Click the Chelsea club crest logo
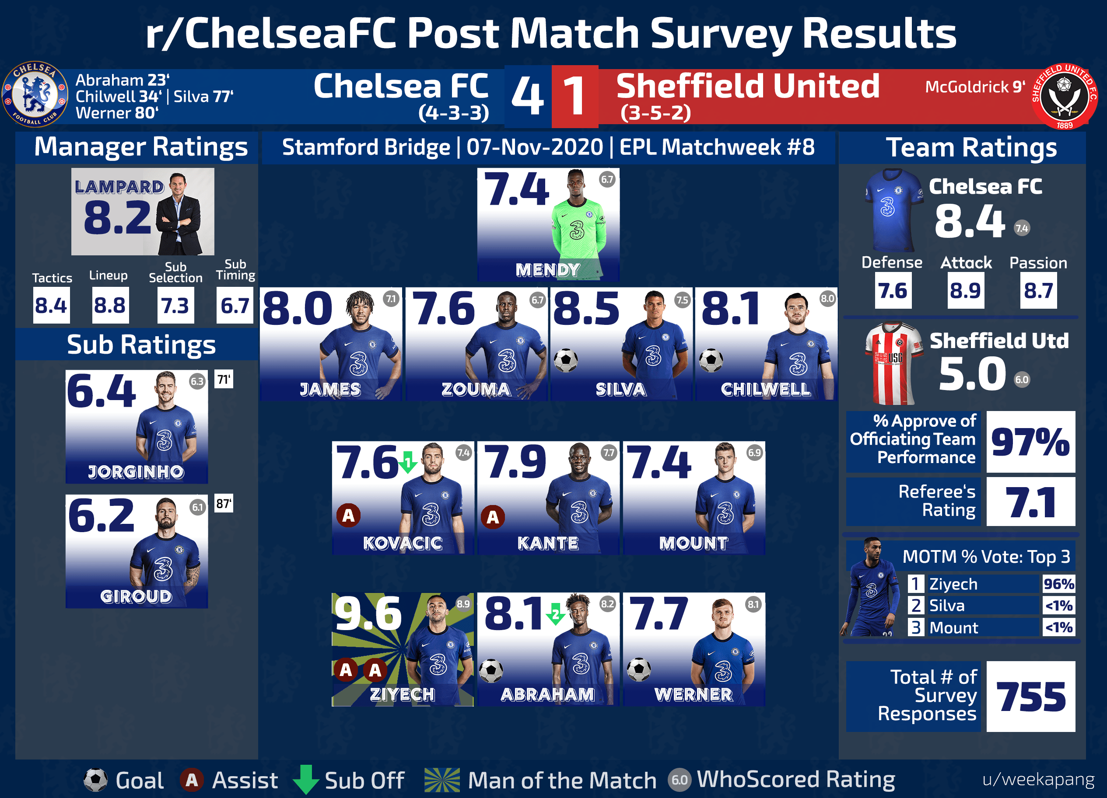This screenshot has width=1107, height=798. pyautogui.click(x=35, y=94)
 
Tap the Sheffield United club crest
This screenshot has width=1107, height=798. pyautogui.click(x=1064, y=96)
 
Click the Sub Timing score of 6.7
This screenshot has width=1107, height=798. pyautogui.click(x=235, y=305)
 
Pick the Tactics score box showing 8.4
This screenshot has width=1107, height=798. pyautogui.click(x=51, y=305)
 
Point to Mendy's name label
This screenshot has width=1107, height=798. pyautogui.click(x=548, y=270)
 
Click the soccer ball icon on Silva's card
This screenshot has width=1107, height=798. pyautogui.click(x=566, y=360)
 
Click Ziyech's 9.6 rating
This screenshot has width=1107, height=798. pyautogui.click(x=368, y=613)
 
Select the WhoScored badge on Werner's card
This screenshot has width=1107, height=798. pyautogui.click(x=753, y=604)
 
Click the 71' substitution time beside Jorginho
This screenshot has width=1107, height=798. pyautogui.click(x=224, y=379)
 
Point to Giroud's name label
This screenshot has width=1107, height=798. pyautogui.click(x=136, y=596)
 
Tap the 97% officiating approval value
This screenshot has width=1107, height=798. pyautogui.click(x=1030, y=442)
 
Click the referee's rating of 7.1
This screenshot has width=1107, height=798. pyautogui.click(x=1030, y=502)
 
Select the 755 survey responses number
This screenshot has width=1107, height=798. pyautogui.click(x=1031, y=697)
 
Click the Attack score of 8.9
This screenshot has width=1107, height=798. pyautogui.click(x=965, y=291)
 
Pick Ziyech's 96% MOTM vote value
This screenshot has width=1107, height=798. pyautogui.click(x=1058, y=584)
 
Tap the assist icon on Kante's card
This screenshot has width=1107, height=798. pyautogui.click(x=493, y=517)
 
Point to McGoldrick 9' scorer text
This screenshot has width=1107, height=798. pyautogui.click(x=975, y=87)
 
